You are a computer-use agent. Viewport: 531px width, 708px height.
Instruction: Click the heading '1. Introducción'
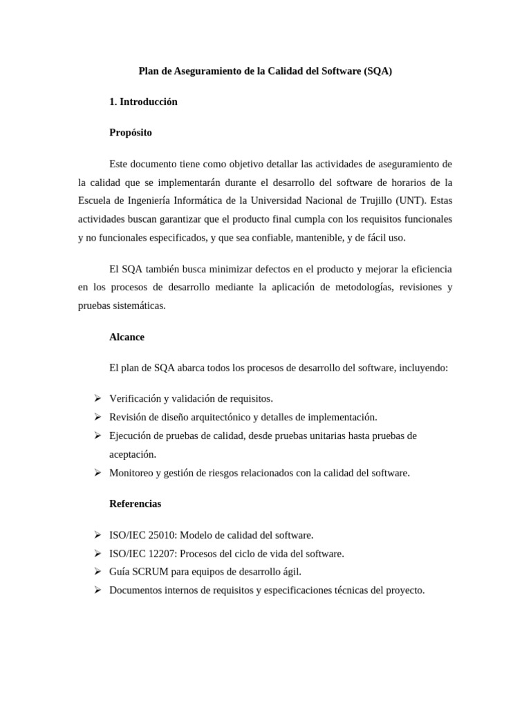pos(143,102)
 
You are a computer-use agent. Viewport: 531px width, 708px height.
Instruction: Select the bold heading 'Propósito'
pos(131,132)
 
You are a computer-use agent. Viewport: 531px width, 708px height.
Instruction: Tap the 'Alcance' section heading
pos(127,337)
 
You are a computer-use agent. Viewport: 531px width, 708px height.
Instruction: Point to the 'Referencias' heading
pos(136,503)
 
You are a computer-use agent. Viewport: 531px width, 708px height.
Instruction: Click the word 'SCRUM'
pos(147,572)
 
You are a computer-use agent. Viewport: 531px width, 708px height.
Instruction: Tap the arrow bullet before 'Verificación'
pos(97,398)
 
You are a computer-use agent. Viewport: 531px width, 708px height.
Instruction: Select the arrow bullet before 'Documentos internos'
pos(97,590)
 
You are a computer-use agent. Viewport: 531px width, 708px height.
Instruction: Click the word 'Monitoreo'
pos(133,473)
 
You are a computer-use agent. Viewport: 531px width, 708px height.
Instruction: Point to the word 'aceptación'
pos(133,454)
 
